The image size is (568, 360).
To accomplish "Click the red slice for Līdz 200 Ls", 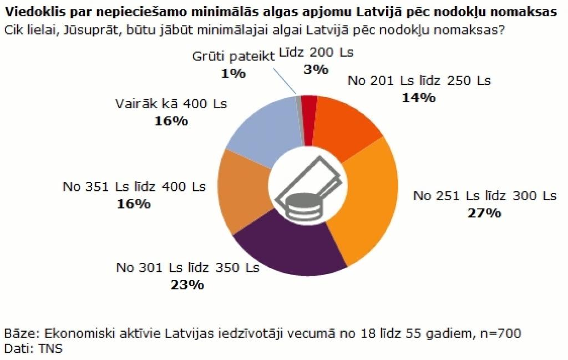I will [310, 120].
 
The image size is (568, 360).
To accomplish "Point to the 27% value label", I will [484, 213].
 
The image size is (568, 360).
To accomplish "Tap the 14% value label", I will [419, 97].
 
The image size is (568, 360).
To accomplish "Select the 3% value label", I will [316, 69].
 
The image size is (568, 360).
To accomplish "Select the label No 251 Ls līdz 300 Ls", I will [484, 196].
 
